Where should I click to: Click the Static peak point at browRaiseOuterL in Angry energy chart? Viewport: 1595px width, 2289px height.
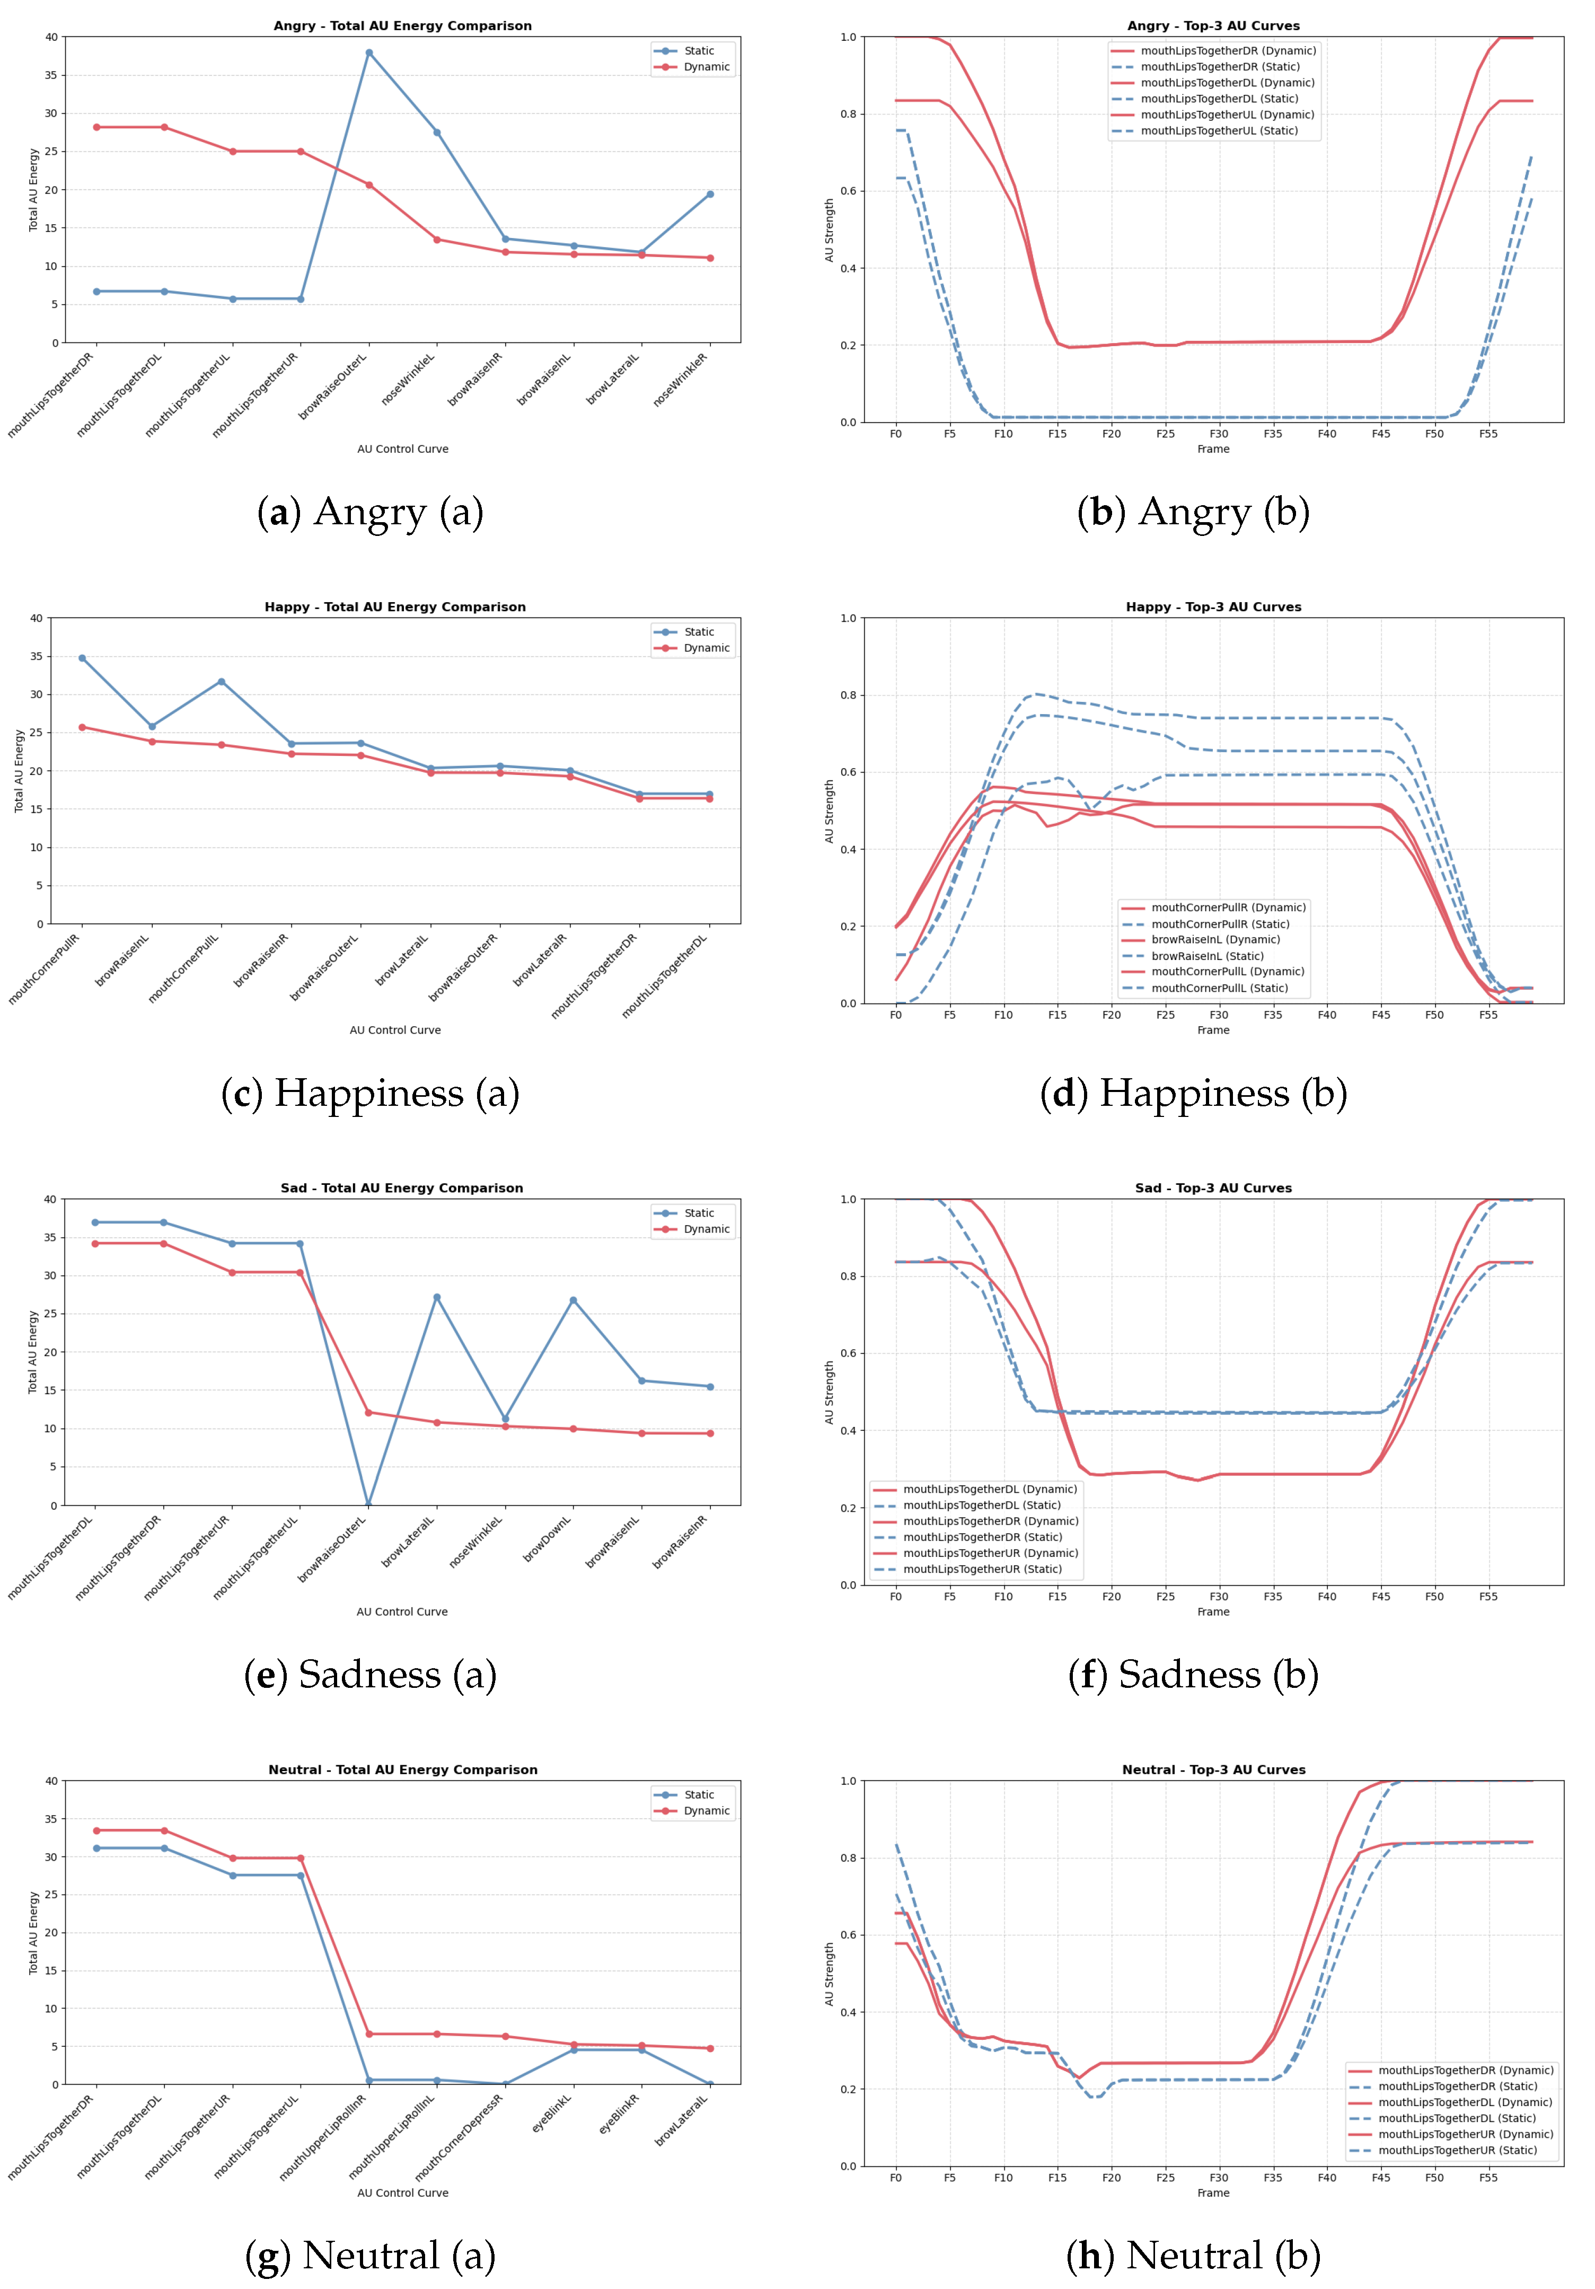[369, 53]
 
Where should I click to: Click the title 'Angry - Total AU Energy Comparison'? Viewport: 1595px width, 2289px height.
[403, 26]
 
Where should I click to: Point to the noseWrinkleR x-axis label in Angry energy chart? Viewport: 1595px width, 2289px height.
[681, 380]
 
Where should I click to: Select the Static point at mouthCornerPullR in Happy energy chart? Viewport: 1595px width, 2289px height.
[82, 658]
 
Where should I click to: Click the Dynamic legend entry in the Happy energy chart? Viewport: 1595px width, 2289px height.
[706, 648]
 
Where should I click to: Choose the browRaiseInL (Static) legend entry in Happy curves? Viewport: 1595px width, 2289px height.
[1206, 956]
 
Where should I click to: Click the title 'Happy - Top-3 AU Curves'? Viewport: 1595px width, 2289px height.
[1213, 607]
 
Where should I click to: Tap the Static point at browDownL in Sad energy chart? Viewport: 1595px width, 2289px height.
[573, 1300]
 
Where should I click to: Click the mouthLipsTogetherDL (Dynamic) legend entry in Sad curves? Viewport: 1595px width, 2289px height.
[989, 1490]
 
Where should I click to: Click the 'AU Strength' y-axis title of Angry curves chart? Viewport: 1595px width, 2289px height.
[829, 230]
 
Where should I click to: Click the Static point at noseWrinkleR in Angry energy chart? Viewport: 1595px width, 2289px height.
[710, 195]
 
